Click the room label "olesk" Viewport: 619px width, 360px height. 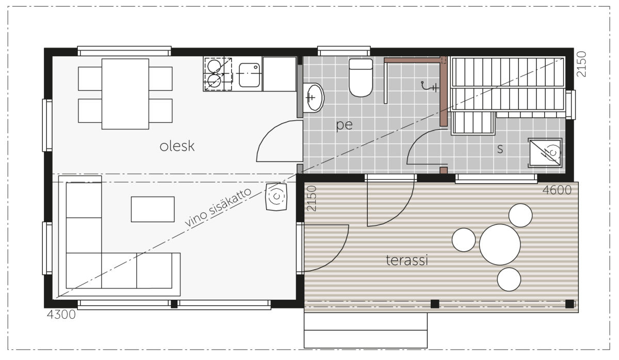(x=177, y=146)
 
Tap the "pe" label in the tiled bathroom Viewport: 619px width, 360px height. (x=345, y=125)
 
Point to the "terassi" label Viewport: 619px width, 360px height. (x=407, y=260)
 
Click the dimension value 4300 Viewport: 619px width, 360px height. (x=61, y=315)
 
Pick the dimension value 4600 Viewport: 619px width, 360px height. (x=557, y=190)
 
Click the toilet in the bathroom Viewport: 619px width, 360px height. (x=361, y=77)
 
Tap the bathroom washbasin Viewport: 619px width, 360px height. (x=314, y=98)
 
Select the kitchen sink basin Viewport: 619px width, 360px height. (x=249, y=75)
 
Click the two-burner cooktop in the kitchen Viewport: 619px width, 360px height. (x=218, y=74)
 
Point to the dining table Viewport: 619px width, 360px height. (x=125, y=94)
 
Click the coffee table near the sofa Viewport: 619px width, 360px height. (x=153, y=209)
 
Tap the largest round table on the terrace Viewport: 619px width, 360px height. (x=500, y=244)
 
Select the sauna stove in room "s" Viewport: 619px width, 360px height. (x=545, y=153)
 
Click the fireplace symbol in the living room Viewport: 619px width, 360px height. (x=276, y=197)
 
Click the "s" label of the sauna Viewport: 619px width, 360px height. (x=500, y=149)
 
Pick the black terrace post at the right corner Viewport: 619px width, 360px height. (x=569, y=304)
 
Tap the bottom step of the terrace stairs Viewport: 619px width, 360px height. (x=366, y=339)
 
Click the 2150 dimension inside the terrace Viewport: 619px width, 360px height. (x=312, y=199)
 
